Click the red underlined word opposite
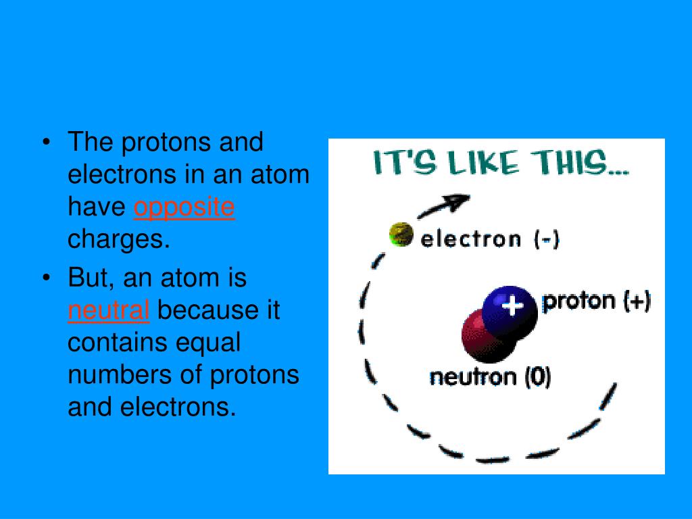(x=184, y=208)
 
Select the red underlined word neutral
(x=108, y=311)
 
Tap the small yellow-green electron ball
(x=401, y=234)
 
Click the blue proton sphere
(x=512, y=310)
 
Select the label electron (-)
(x=490, y=239)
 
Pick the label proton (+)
(x=596, y=301)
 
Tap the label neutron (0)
(x=490, y=376)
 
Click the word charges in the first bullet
(x=118, y=240)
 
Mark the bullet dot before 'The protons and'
(x=46, y=143)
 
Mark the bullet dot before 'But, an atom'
(x=46, y=278)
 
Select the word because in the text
(x=218, y=311)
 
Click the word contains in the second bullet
(x=118, y=343)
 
